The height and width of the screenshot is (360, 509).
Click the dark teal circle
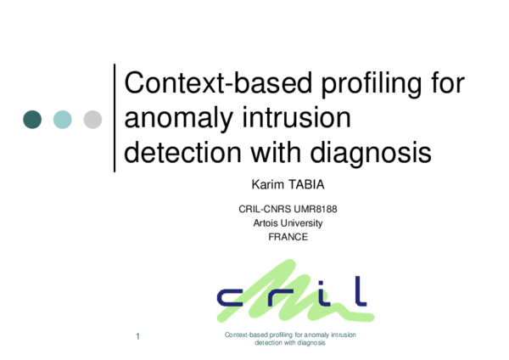(32, 120)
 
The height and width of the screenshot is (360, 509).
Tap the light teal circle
(63, 120)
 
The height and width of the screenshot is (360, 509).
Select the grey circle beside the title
(92, 120)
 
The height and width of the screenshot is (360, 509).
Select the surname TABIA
(298, 183)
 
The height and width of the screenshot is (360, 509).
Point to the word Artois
(267, 223)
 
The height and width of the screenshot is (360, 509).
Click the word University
(304, 223)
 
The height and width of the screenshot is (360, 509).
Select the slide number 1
(137, 339)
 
